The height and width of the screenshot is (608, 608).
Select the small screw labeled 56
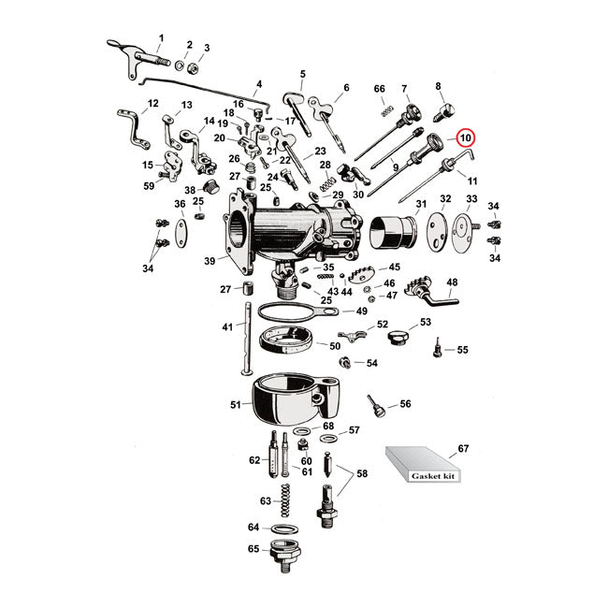[376, 407]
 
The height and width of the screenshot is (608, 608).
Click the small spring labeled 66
[383, 111]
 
